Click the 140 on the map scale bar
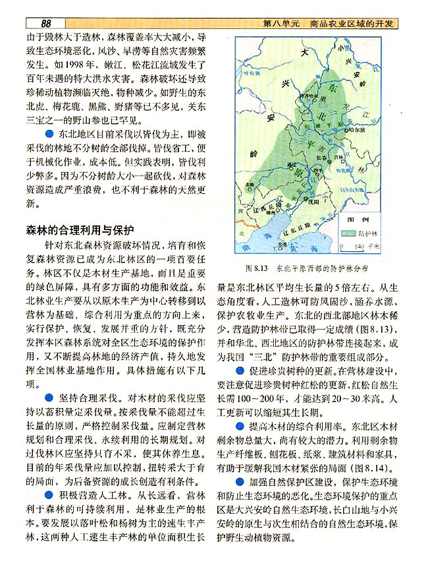[x=359, y=246]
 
